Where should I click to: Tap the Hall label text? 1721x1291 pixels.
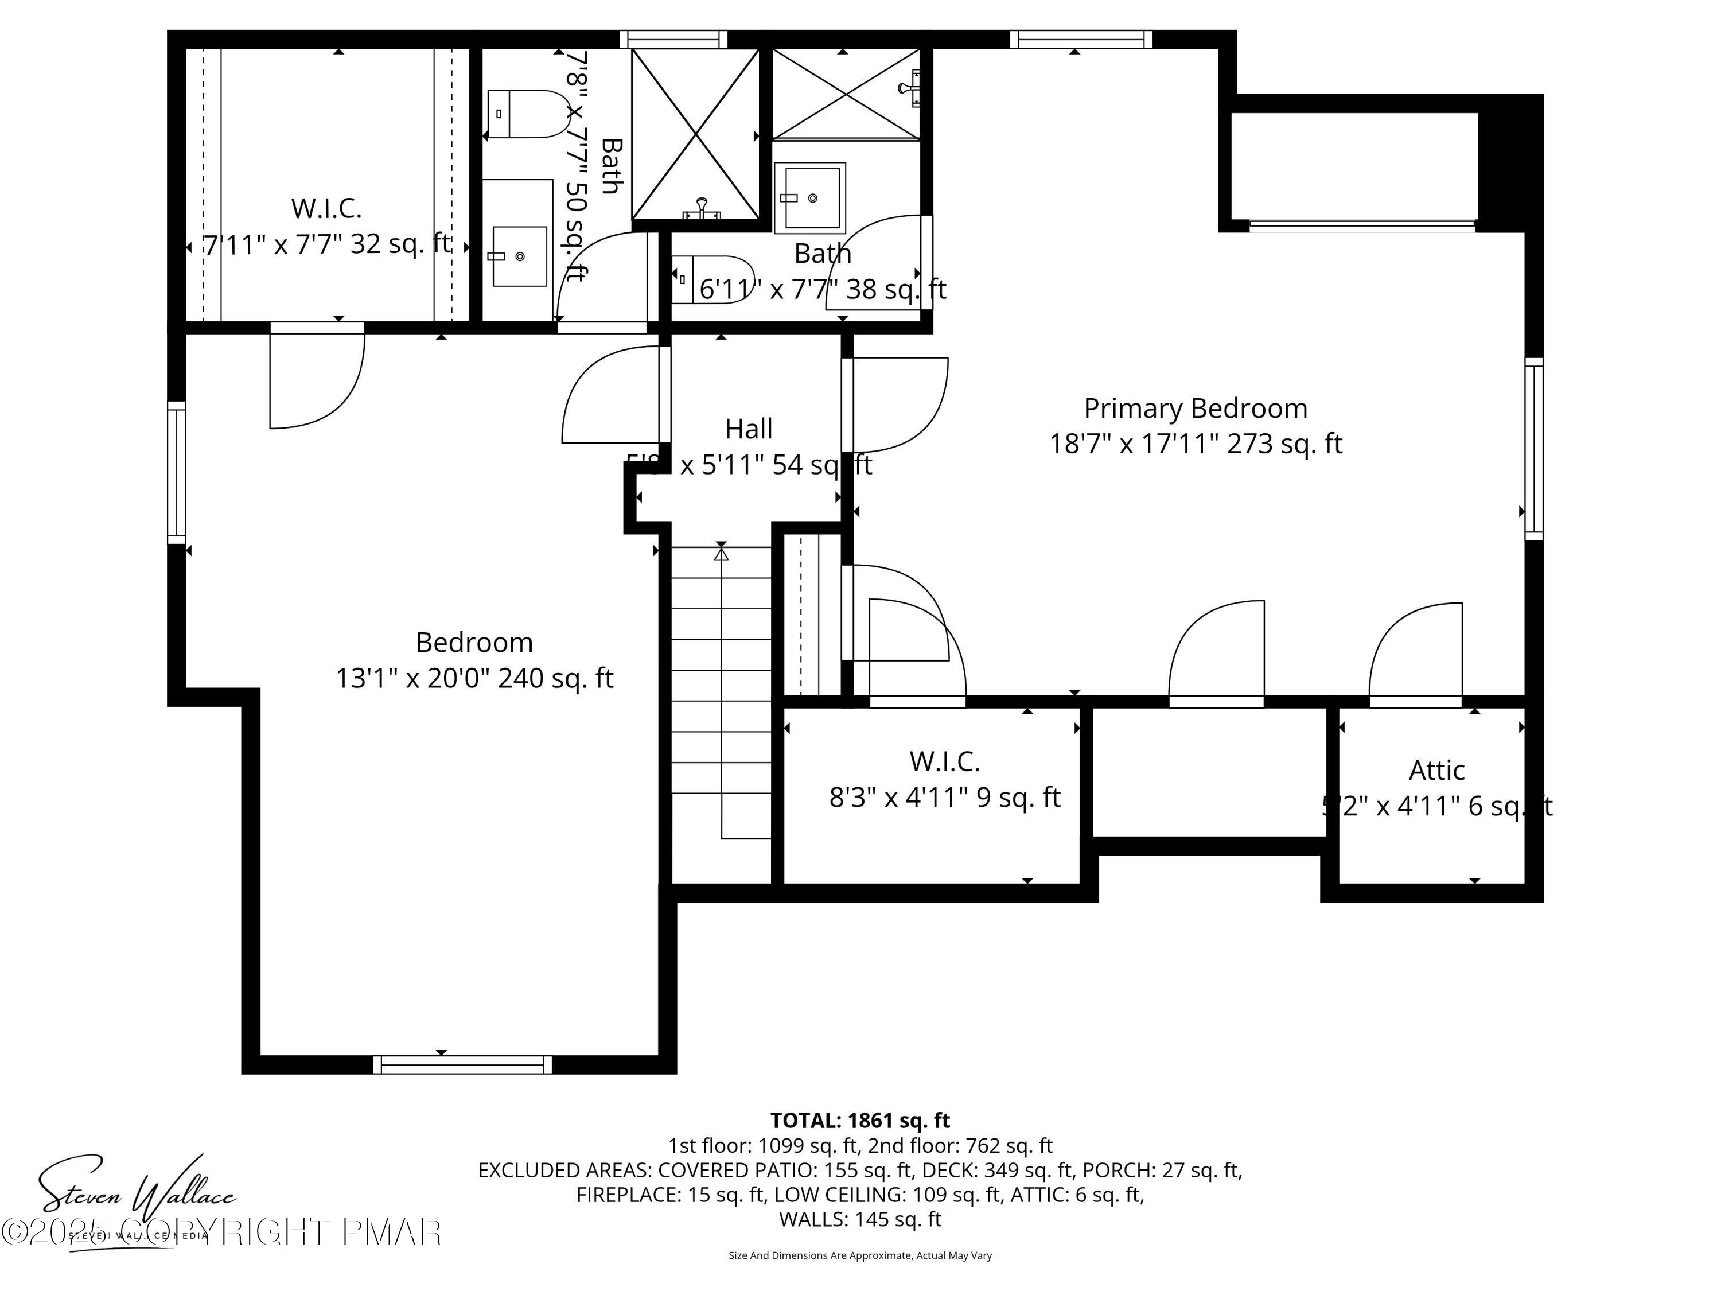coord(749,429)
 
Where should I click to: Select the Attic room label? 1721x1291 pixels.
coord(1436,771)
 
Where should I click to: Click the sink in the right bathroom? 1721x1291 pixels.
coord(810,197)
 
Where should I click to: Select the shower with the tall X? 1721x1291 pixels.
coord(695,134)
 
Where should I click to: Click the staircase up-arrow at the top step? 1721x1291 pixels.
coord(721,553)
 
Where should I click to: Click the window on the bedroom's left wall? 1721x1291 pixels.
coord(177,472)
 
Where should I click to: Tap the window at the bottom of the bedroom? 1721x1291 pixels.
coord(462,1064)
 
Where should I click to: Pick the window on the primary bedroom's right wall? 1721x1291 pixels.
coord(1533,449)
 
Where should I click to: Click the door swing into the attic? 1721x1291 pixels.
coord(1416,654)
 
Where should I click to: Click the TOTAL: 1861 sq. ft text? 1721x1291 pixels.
coord(860,1121)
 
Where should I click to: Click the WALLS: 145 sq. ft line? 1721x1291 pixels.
coord(860,1219)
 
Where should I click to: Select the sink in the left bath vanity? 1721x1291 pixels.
coord(519,256)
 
